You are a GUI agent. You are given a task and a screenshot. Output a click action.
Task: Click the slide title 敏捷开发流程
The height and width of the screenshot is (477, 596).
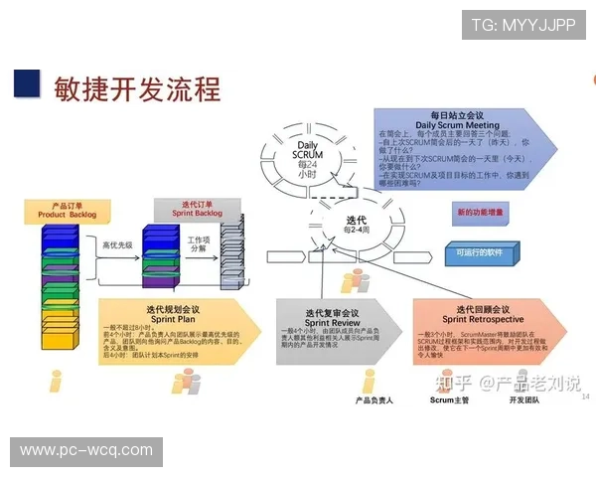point(138,88)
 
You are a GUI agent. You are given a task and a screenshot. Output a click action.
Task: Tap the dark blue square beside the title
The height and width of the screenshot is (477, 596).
point(27,80)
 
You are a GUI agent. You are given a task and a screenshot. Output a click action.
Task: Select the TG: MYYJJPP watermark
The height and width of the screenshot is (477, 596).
point(522,26)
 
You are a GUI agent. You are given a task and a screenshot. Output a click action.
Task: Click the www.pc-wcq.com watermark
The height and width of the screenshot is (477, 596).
point(86,450)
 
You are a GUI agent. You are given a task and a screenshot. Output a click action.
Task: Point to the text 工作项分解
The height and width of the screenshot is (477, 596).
point(199,244)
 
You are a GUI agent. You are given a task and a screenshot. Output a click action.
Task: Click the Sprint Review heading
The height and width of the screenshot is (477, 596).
point(331,316)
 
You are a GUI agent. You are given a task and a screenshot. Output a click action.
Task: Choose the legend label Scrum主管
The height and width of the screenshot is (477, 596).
point(449,400)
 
